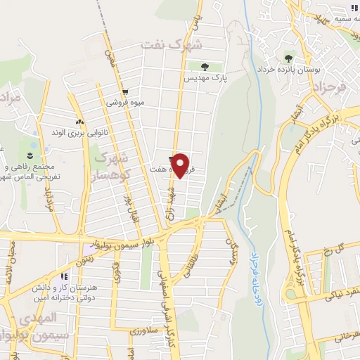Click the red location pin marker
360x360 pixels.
click(181, 165)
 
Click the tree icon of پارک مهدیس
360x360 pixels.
click(205, 67)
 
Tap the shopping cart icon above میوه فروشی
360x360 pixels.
click(124, 91)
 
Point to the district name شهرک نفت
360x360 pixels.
click(171, 44)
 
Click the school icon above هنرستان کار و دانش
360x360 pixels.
click(65, 277)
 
